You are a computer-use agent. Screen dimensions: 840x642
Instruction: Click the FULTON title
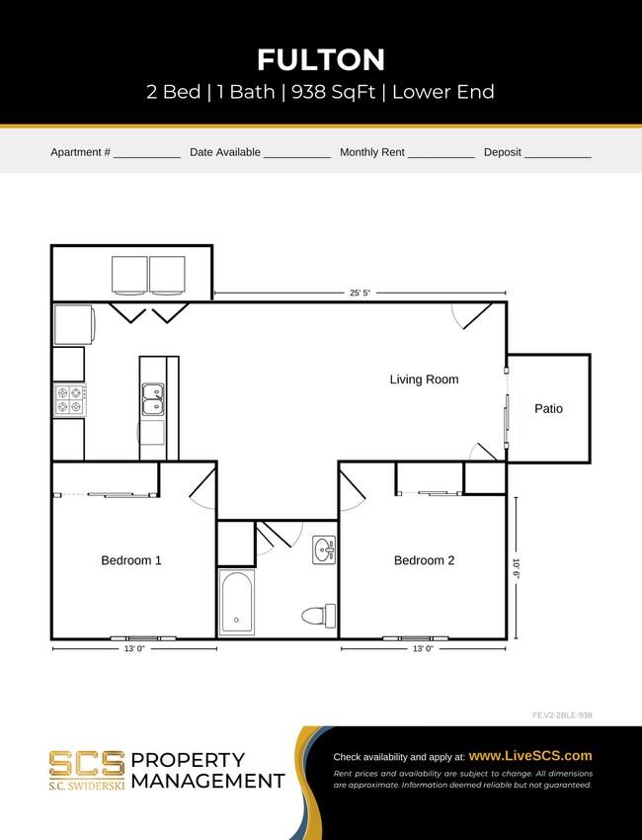coord(320,59)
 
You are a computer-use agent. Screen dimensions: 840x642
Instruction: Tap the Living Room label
coord(424,379)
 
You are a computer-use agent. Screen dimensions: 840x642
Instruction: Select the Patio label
coord(548,408)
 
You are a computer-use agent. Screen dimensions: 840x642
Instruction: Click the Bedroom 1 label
coord(131,560)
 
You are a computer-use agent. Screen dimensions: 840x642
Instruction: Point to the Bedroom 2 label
coord(424,560)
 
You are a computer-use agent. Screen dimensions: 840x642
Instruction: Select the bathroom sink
coord(324,549)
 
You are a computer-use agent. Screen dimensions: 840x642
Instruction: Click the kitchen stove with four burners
coord(69,399)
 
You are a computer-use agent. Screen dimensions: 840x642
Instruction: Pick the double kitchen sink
coord(153,400)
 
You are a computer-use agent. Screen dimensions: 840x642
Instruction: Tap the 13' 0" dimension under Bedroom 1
coord(132,649)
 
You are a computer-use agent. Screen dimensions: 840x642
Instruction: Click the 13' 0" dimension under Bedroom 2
coord(422,649)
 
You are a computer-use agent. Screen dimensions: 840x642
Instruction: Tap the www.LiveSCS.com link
coord(530,755)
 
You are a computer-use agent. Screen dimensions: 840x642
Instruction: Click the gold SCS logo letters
coord(87,763)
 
